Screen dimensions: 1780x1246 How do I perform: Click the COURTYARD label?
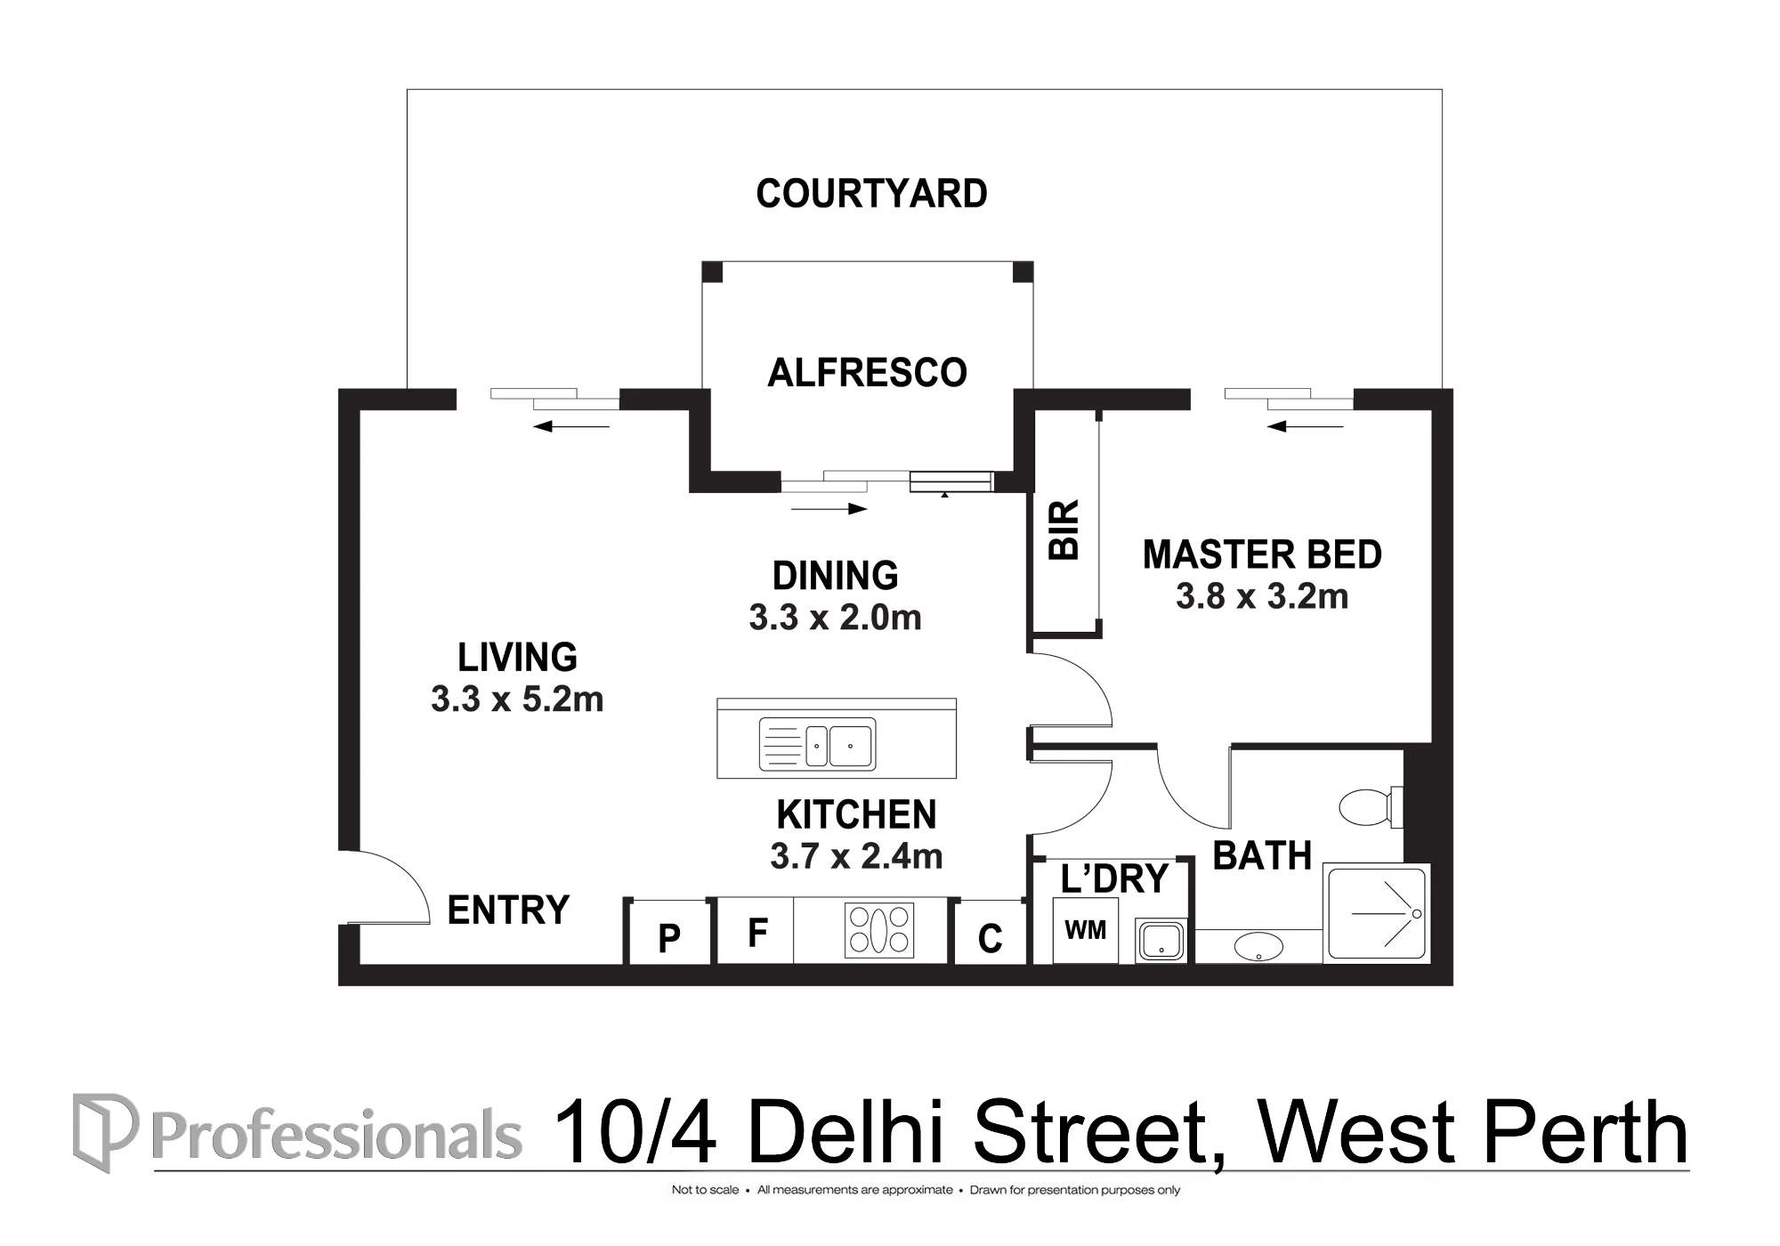871,194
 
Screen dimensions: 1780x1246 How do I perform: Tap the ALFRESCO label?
867,373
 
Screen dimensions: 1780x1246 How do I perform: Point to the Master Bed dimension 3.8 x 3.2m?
1262,596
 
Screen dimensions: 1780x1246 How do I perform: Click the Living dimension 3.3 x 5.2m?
517,700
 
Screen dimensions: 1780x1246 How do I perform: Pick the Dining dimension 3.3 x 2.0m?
835,618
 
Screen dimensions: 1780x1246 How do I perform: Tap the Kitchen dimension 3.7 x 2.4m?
856,856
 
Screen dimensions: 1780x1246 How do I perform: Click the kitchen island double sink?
817,744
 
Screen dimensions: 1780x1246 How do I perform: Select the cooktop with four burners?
879,930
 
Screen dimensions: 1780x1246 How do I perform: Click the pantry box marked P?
669,933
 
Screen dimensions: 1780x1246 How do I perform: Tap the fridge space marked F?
756,931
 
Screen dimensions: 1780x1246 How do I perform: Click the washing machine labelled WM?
1086,930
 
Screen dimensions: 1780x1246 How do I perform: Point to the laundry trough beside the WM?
1161,941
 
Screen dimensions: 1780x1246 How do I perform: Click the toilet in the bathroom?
1371,807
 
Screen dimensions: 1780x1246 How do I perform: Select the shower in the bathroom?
1377,913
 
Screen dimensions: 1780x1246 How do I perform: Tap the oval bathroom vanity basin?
1258,947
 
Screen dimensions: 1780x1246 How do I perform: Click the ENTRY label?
508,910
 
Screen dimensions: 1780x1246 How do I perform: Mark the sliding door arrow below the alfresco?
829,509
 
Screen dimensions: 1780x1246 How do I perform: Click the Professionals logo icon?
105,1132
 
